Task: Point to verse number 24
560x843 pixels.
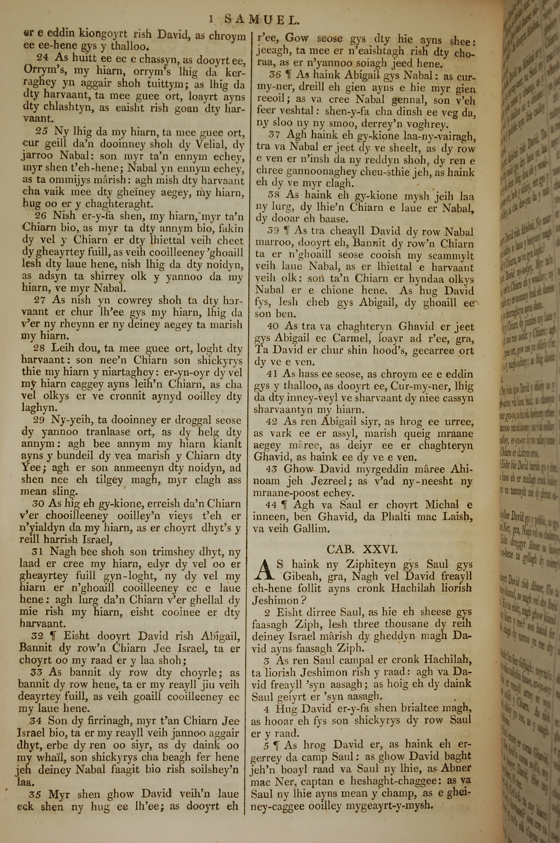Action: [x=42, y=58]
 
